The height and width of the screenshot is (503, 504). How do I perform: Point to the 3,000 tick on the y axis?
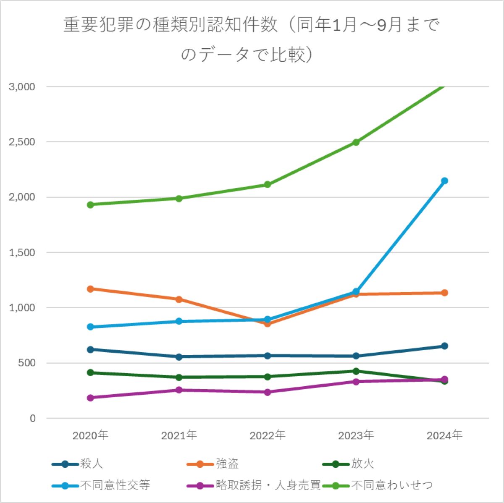pyautogui.click(x=22, y=87)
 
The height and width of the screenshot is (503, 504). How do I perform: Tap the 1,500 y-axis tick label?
pyautogui.click(x=22, y=253)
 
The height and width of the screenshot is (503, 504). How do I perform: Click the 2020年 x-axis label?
pyautogui.click(x=90, y=435)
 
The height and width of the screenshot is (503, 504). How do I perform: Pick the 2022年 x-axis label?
pyautogui.click(x=268, y=435)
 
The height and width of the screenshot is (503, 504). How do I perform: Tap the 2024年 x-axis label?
pyautogui.click(x=444, y=435)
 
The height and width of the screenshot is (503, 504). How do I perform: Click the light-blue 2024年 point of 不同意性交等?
pyautogui.click(x=444, y=181)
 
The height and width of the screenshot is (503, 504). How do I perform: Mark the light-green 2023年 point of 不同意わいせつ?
pyautogui.click(x=356, y=142)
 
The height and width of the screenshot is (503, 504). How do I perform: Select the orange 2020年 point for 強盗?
pyautogui.click(x=90, y=289)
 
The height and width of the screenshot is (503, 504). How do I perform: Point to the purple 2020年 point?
pyautogui.click(x=90, y=398)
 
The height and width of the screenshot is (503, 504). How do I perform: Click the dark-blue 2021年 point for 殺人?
pyautogui.click(x=179, y=357)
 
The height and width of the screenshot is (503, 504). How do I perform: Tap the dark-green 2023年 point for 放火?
pyautogui.click(x=356, y=371)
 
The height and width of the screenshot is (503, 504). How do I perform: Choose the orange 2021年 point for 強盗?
pyautogui.click(x=179, y=299)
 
